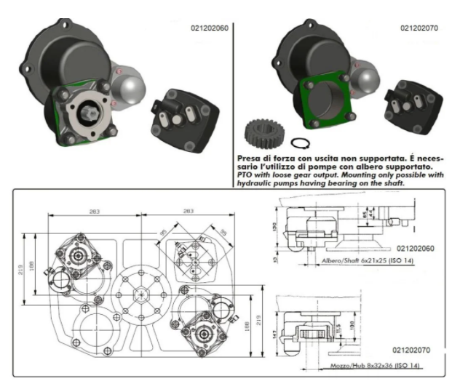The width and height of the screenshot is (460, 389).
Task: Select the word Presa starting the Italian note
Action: coord(248,157)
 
